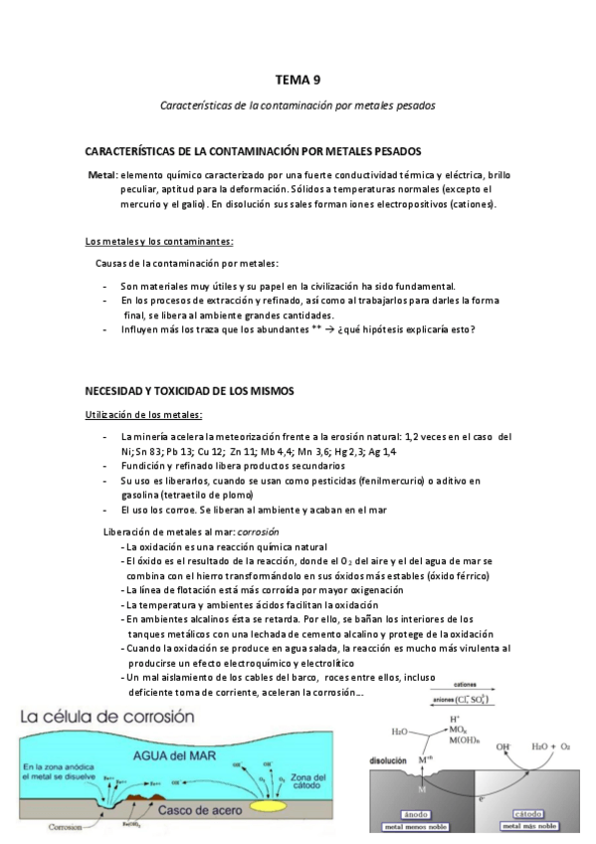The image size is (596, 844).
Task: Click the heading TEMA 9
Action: coord(298,80)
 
